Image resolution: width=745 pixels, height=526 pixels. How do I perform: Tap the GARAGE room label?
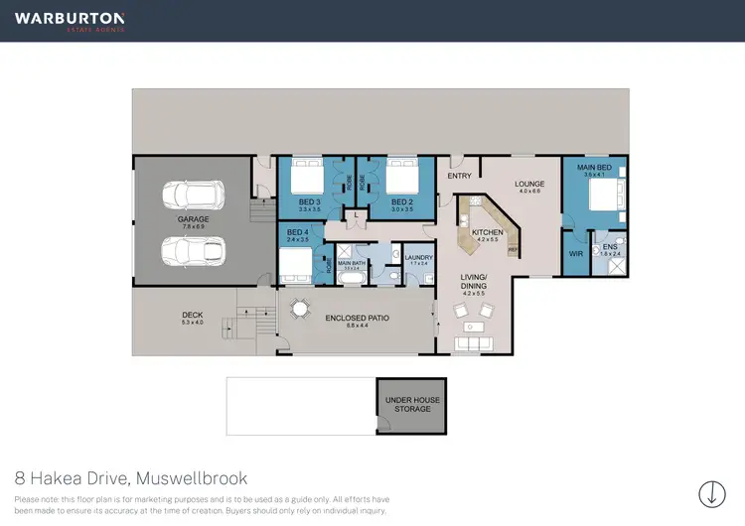point(193,219)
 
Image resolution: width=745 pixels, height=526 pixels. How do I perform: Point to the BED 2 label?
point(401,201)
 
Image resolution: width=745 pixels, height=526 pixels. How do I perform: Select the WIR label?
point(575,253)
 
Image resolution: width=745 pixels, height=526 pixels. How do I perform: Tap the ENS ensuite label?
point(610,246)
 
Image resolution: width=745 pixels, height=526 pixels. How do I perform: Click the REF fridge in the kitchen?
point(513,250)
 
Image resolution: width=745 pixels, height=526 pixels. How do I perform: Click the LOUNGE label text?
point(529,184)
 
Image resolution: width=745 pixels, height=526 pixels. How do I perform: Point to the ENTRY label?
point(459,176)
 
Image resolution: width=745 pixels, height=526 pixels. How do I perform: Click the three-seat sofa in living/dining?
point(473,344)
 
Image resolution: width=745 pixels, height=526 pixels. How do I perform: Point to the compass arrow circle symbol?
point(711,492)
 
